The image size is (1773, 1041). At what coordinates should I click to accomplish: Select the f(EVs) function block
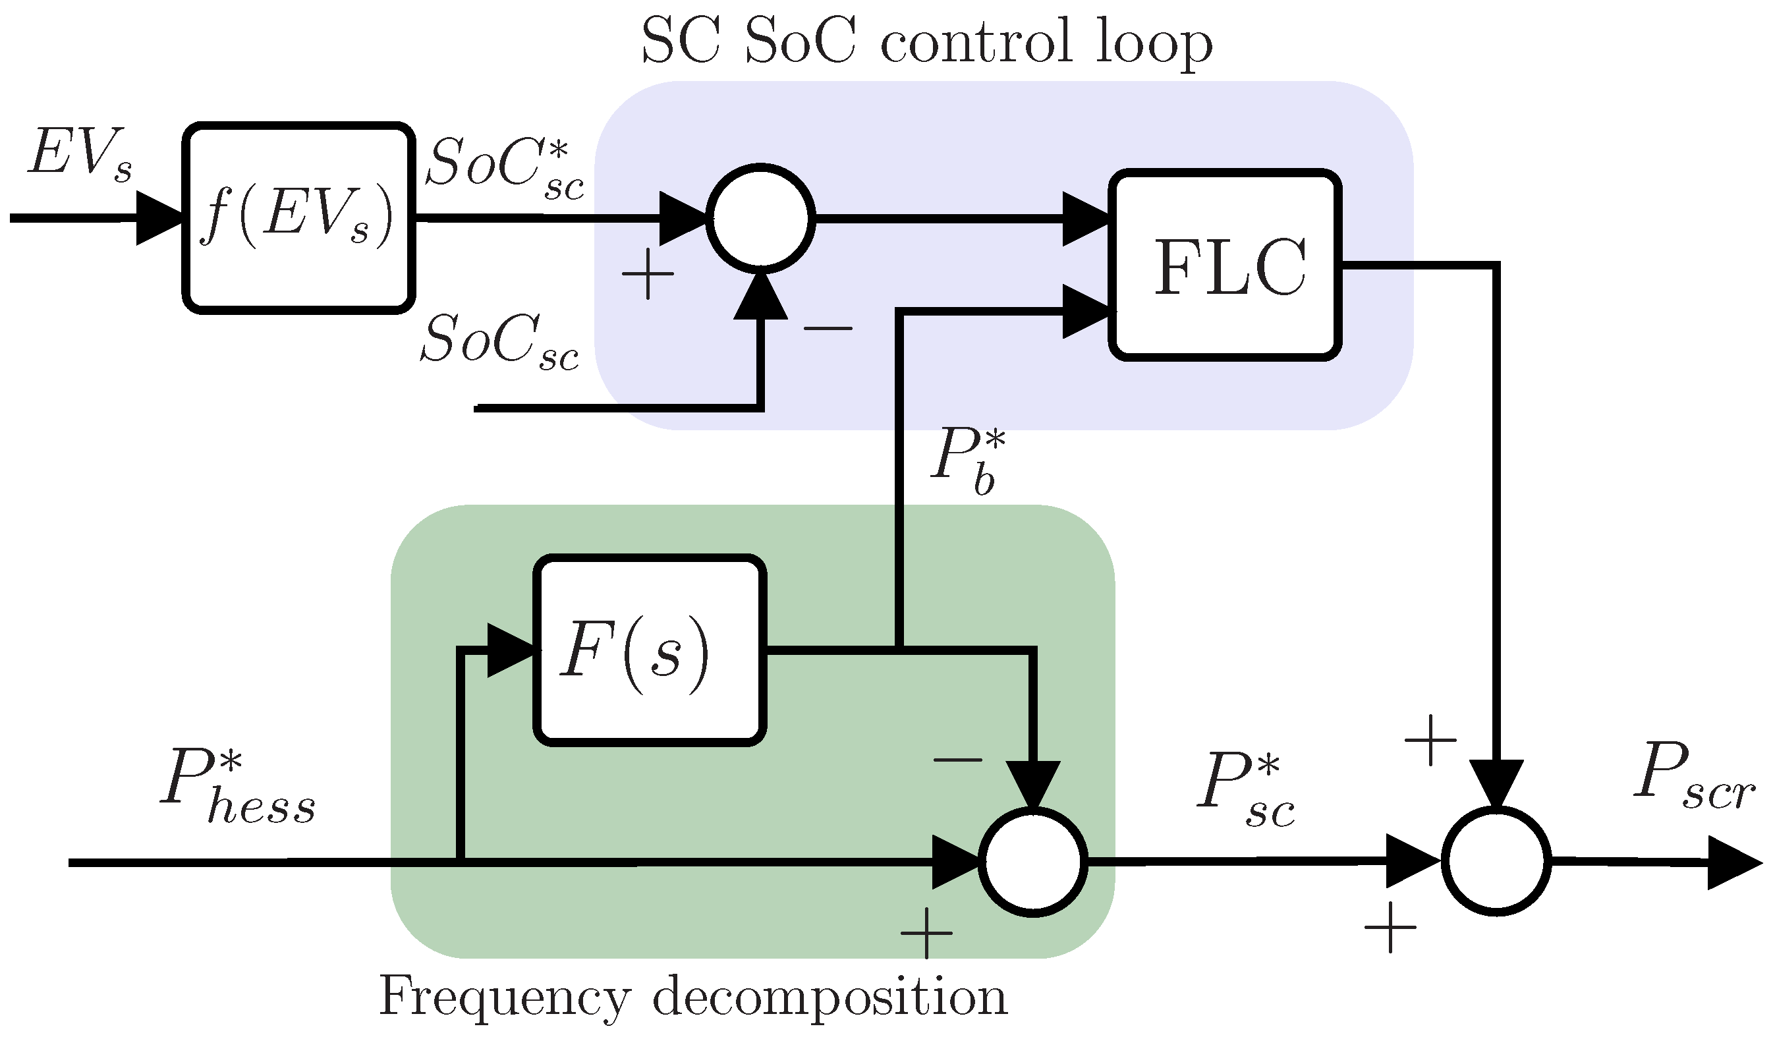(298, 218)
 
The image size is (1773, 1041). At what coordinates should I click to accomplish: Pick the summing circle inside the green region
(1033, 862)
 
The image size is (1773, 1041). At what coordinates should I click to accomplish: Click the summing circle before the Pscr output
(1496, 862)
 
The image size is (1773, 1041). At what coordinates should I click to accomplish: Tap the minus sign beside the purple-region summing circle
(828, 327)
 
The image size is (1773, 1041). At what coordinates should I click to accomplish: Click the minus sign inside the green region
(957, 760)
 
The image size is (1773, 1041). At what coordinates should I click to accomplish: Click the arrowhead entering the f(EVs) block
(159, 218)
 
